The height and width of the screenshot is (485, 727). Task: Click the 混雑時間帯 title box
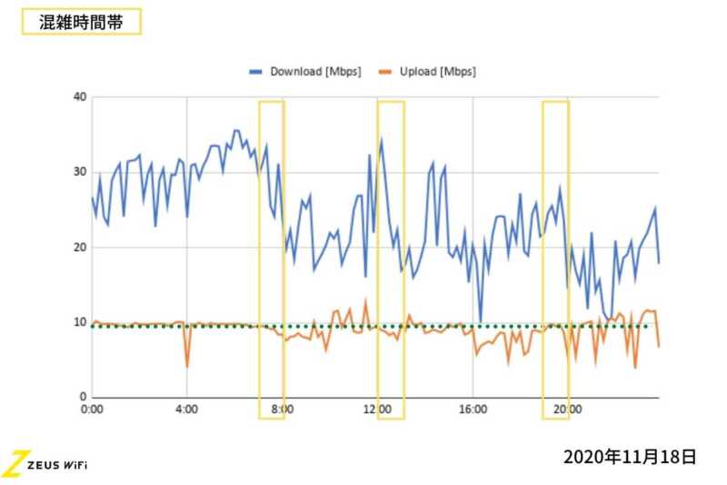[x=81, y=22]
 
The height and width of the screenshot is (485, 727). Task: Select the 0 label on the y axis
[x=83, y=398]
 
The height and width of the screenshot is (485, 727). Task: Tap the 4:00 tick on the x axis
[x=186, y=410]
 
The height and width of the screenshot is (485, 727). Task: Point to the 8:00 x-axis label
[x=282, y=410]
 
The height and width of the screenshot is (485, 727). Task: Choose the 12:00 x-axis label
[x=377, y=410]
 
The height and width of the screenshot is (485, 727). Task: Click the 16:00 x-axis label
[x=473, y=410]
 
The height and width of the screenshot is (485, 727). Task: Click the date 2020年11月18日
[x=629, y=456]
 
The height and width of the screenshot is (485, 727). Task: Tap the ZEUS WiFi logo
[x=45, y=463]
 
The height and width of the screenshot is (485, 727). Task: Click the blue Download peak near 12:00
[x=381, y=139]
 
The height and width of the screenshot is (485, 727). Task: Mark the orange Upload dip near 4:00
[x=187, y=366]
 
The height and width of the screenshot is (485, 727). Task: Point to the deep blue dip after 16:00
[x=481, y=321]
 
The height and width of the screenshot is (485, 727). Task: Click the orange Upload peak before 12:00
[x=365, y=300]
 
